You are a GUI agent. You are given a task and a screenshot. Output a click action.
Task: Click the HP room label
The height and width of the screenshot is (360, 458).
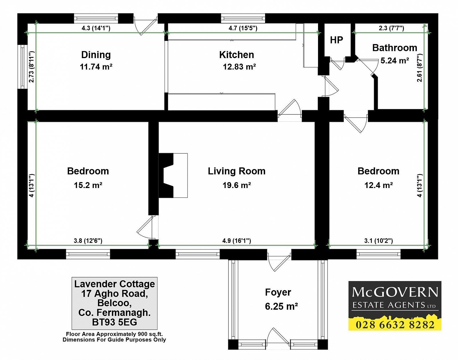(x=336, y=40)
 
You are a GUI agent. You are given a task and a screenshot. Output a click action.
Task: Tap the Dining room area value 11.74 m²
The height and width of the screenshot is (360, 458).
(x=96, y=67)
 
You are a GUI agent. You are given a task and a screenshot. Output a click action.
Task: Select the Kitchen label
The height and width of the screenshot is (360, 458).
(x=237, y=55)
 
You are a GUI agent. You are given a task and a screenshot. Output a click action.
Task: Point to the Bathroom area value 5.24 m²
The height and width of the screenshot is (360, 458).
(x=394, y=61)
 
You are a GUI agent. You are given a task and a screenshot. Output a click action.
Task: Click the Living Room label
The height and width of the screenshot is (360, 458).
(x=237, y=171)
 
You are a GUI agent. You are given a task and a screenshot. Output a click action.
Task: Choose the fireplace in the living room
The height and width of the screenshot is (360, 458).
(x=173, y=175)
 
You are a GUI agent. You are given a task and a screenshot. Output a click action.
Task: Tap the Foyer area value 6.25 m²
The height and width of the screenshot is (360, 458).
(x=281, y=306)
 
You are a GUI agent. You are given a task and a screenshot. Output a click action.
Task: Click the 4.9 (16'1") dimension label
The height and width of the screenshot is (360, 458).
(x=237, y=241)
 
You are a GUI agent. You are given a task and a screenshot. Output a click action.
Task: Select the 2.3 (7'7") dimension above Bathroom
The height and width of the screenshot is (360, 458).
(x=391, y=28)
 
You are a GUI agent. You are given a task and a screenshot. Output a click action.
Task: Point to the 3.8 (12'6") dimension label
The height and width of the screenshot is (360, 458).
(x=88, y=241)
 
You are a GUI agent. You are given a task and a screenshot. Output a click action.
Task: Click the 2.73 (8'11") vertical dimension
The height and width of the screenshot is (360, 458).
(x=31, y=67)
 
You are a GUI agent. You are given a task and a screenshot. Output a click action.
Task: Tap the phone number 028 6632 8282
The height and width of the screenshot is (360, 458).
(x=395, y=325)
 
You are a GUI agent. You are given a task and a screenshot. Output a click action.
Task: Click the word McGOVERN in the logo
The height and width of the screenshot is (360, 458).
(x=395, y=292)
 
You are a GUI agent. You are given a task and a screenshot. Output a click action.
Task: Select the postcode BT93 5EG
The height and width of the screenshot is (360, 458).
(x=114, y=322)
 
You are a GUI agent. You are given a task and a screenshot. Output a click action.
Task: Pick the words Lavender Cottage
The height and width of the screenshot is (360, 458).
(x=114, y=284)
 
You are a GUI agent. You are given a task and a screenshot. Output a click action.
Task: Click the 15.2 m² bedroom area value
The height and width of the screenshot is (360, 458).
(x=88, y=185)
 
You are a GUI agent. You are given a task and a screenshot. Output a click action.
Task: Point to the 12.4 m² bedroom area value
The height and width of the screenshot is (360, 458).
(x=378, y=185)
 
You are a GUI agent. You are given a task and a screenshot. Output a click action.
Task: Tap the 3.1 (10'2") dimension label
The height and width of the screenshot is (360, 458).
(x=378, y=241)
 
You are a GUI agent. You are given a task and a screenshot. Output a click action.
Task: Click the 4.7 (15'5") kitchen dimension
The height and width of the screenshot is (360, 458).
(x=243, y=28)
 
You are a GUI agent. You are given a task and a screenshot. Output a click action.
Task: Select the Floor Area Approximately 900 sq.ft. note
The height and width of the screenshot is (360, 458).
(x=114, y=334)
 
